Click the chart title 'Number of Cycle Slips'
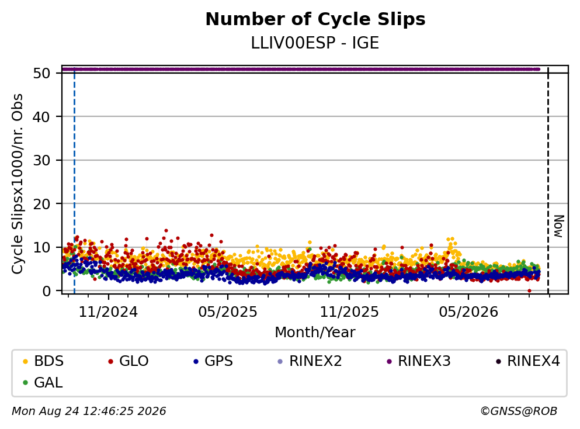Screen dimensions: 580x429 tap(315, 19)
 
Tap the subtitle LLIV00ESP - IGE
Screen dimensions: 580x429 tap(315, 43)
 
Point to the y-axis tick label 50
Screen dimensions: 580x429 tap(42, 73)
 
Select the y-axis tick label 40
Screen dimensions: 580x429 tap(42, 117)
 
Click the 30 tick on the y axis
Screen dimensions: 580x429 tap(42, 160)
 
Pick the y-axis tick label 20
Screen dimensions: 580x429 tap(42, 204)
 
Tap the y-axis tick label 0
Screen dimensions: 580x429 tap(46, 291)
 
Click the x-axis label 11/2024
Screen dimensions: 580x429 tap(109, 312)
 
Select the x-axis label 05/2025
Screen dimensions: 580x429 tap(228, 312)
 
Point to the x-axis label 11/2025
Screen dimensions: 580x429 tap(349, 312)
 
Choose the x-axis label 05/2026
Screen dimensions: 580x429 tap(468, 312)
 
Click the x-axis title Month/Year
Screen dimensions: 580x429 tap(315, 333)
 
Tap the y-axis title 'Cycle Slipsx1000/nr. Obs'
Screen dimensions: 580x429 tap(17, 184)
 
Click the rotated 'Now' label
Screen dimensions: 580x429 tap(559, 226)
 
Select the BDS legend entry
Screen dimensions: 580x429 tap(43, 361)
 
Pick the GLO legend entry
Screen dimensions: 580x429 tap(128, 361)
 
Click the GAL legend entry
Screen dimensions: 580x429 tap(43, 382)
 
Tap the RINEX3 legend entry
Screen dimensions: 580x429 tap(419, 361)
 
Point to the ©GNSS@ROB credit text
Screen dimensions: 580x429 tap(519, 411)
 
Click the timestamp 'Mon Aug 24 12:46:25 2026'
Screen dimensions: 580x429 tap(89, 411)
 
